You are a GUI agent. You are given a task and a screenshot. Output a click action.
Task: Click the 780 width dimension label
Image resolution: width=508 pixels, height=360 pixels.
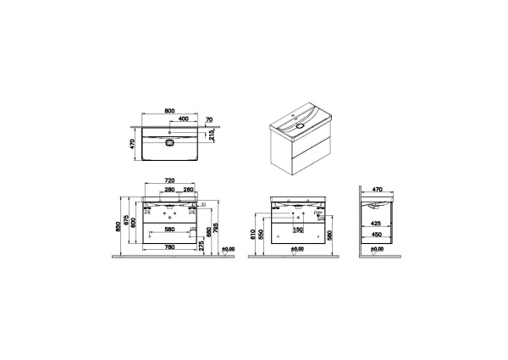[169, 247]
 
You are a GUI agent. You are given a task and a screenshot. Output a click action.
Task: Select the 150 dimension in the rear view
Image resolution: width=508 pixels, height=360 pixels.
[297, 229]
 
